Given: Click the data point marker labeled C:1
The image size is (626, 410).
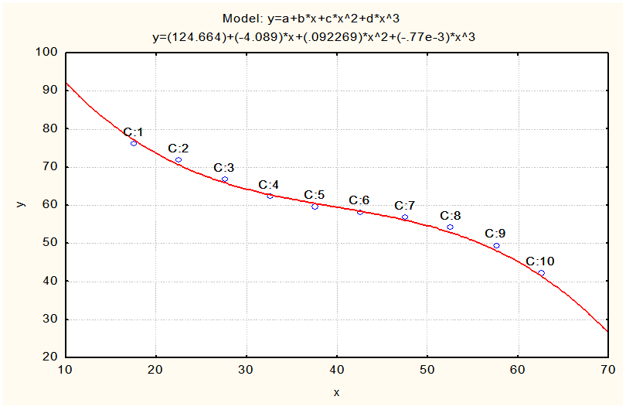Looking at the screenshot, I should click(134, 143).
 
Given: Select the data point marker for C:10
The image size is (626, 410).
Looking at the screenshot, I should click(541, 273).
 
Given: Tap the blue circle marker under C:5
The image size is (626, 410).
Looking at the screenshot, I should click(315, 207).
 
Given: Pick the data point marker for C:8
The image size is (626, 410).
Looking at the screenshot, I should click(450, 227).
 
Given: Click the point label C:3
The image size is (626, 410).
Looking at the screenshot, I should click(224, 168).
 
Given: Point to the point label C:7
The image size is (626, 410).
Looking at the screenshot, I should click(405, 206).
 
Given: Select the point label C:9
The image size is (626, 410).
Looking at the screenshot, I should click(495, 234).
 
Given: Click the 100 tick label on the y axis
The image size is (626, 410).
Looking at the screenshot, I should click(49, 53).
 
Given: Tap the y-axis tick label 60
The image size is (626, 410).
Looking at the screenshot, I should click(51, 205).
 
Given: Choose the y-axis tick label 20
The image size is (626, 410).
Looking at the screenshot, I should click(51, 357).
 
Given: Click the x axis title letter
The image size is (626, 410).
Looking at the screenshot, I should click(337, 393).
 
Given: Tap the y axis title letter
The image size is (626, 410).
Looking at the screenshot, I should click(21, 203).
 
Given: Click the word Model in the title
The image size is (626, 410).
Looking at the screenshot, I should click(238, 19).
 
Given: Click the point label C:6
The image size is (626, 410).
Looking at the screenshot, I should click(359, 200).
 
